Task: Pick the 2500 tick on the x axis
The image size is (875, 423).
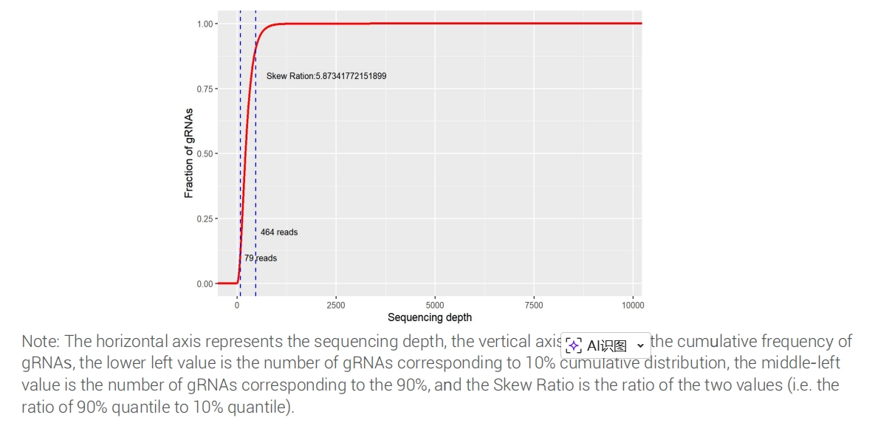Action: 335,305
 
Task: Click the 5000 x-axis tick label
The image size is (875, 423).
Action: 435,305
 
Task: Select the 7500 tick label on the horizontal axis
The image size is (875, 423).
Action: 534,305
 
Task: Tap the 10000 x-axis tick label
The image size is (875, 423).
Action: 633,305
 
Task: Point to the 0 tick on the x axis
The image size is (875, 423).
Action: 237,305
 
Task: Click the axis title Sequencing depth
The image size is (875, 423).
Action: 430,317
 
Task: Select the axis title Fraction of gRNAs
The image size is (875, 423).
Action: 189,154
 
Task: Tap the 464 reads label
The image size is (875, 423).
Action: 279,233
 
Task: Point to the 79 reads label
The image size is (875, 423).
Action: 261,258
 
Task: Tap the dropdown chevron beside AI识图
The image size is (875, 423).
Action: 640,345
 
